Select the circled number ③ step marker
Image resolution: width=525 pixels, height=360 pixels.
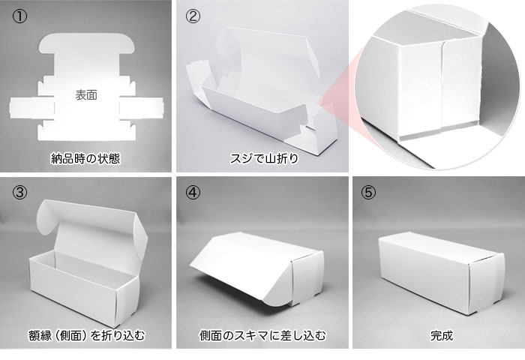pyautogui.click(x=19, y=192)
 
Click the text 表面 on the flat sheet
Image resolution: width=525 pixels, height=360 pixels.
pyautogui.click(x=86, y=96)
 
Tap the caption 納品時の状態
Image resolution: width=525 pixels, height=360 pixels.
pyautogui.click(x=86, y=158)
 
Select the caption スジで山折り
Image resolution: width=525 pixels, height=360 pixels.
pyautogui.click(x=261, y=158)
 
